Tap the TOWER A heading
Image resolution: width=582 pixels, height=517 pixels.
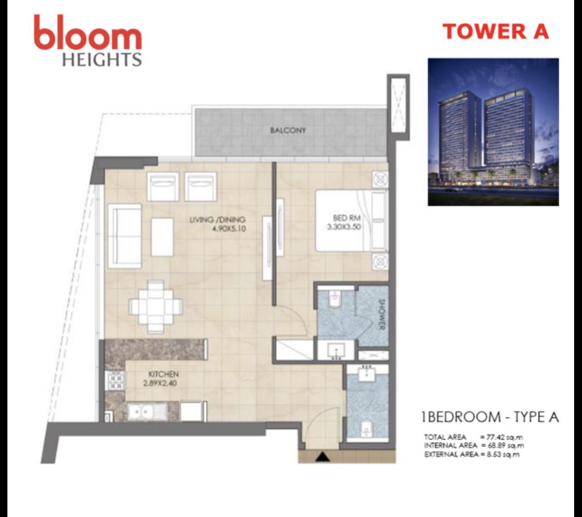click(496, 31)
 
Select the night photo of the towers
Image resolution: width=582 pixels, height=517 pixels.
click(493, 132)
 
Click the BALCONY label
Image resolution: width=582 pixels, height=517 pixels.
click(288, 130)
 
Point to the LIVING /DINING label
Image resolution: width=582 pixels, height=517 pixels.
click(218, 220)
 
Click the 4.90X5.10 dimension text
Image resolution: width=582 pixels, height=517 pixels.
click(229, 229)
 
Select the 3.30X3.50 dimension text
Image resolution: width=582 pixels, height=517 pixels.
click(344, 227)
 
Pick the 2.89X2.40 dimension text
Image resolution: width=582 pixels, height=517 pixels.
click(160, 383)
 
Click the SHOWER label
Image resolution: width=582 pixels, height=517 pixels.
click(381, 314)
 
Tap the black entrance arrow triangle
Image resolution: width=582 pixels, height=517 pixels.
click(322, 456)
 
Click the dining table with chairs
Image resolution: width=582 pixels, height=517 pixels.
click(156, 307)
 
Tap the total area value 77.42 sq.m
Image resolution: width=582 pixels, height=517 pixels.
click(505, 437)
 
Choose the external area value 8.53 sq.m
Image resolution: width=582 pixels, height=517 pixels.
click(503, 454)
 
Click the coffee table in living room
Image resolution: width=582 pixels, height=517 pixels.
click(162, 237)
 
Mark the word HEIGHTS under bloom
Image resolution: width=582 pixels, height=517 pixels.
click(102, 59)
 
